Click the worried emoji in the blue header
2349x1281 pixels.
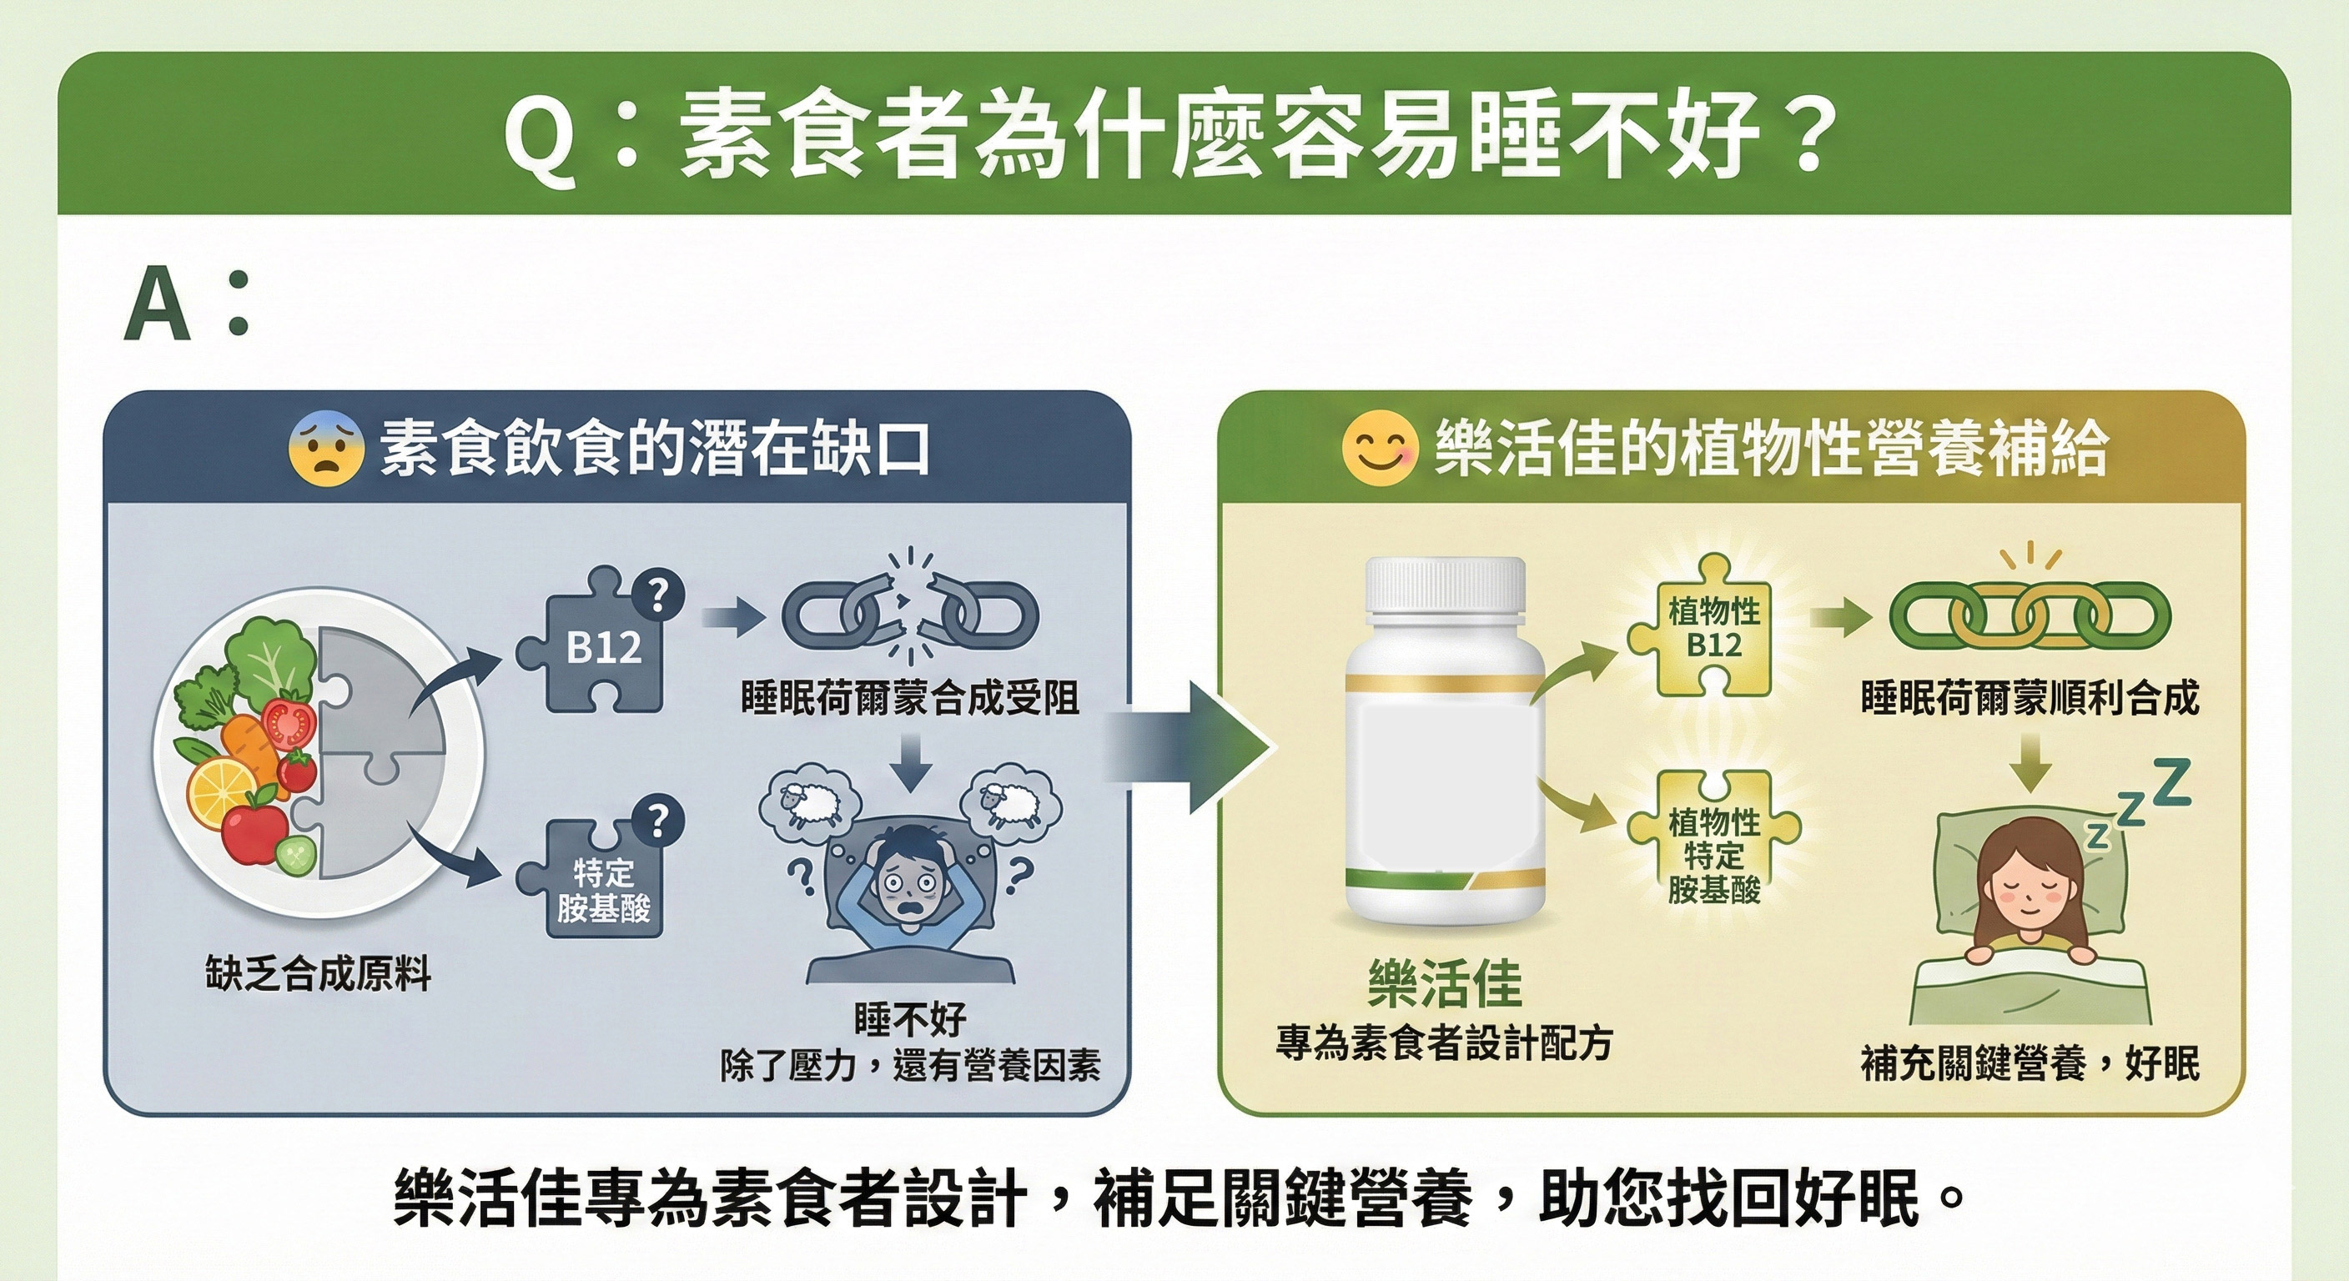pyautogui.click(x=325, y=449)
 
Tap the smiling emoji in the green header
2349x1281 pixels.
pyautogui.click(x=1379, y=449)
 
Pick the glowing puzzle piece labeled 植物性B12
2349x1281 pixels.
pyautogui.click(x=1713, y=629)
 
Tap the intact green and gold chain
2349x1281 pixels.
pyautogui.click(x=2030, y=615)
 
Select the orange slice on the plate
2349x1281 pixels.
pyautogui.click(x=221, y=791)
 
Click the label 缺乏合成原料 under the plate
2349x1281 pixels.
pyautogui.click(x=317, y=974)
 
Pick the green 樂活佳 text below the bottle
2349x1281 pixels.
pyautogui.click(x=1445, y=985)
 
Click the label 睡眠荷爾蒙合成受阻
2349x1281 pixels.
pyautogui.click(x=910, y=698)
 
